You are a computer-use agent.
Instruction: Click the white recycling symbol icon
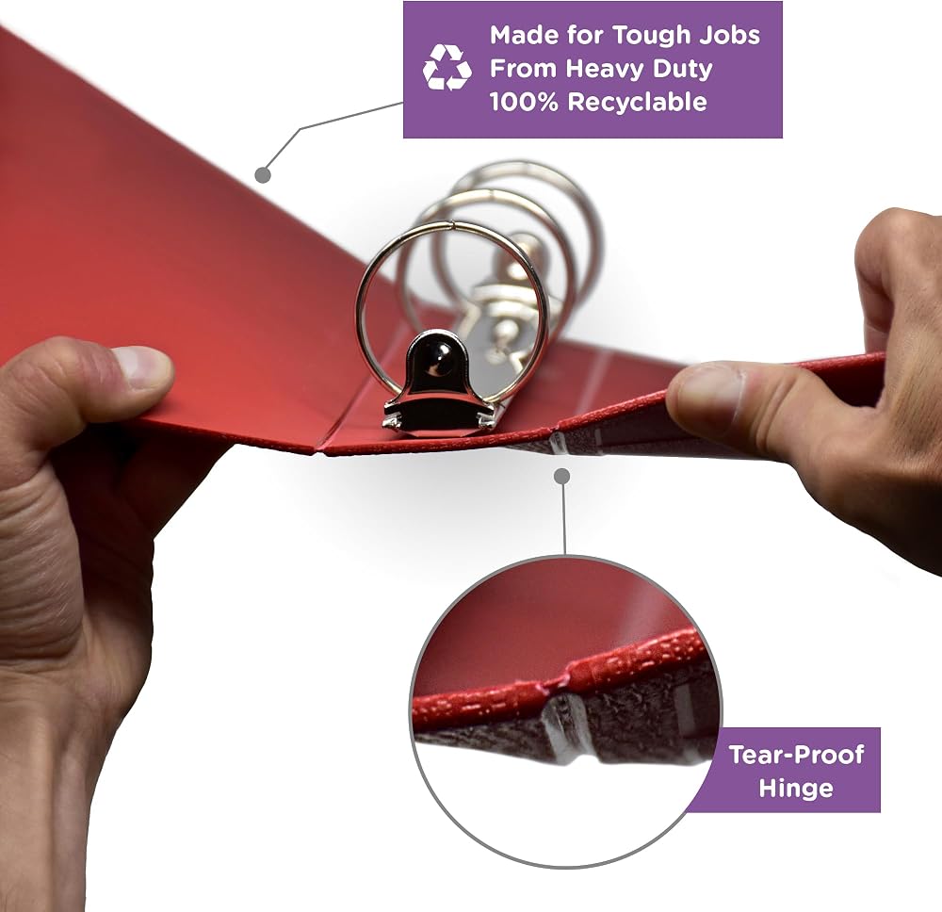(x=447, y=68)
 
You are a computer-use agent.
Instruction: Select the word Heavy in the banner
(x=605, y=69)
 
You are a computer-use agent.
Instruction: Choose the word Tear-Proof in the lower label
(x=796, y=754)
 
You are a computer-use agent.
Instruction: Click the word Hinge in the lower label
(x=795, y=788)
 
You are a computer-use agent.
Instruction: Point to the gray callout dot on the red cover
(x=263, y=175)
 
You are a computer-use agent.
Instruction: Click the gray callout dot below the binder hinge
(x=562, y=477)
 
